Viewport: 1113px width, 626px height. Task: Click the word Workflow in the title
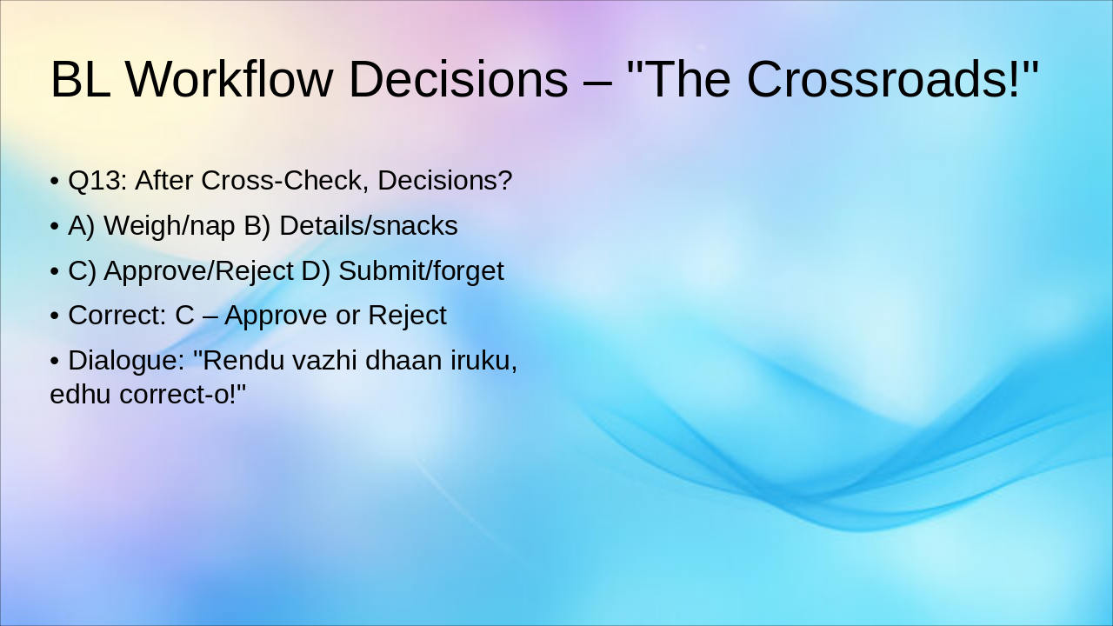(x=230, y=79)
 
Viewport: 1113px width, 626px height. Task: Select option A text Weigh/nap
(x=170, y=226)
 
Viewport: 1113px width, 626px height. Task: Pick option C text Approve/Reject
(x=198, y=271)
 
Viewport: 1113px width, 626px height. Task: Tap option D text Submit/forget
(x=421, y=271)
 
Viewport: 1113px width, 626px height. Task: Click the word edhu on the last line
(x=81, y=394)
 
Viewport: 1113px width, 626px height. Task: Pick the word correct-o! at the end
(x=183, y=394)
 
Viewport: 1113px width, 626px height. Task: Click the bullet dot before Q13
(x=55, y=182)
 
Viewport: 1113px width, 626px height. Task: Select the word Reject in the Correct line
(x=407, y=316)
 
